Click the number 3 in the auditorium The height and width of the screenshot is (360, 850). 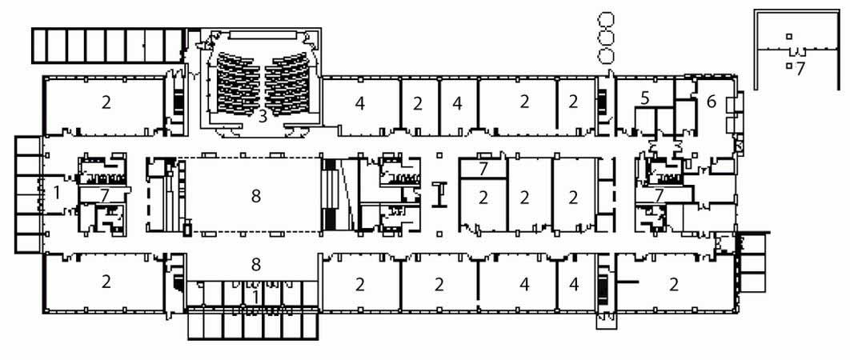pyautogui.click(x=263, y=116)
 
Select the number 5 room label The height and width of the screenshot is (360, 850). pyautogui.click(x=644, y=98)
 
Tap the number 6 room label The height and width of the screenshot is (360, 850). pyautogui.click(x=712, y=102)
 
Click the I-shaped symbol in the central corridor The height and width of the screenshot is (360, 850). pyautogui.click(x=442, y=194)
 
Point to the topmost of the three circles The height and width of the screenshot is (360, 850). pyautogui.click(x=605, y=21)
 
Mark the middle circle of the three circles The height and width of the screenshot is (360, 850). pyautogui.click(x=605, y=38)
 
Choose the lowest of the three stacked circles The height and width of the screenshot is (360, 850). pyautogui.click(x=605, y=55)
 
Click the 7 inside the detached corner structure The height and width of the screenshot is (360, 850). pyautogui.click(x=800, y=69)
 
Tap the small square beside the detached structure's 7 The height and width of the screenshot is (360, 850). pyautogui.click(x=789, y=66)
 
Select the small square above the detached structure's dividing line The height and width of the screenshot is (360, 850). pyautogui.click(x=789, y=36)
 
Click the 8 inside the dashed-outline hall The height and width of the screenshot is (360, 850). pyautogui.click(x=256, y=197)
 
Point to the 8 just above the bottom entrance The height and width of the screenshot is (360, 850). pyautogui.click(x=256, y=265)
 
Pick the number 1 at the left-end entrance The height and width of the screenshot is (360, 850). pyautogui.click(x=56, y=192)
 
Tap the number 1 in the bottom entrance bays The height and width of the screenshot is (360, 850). pyautogui.click(x=255, y=296)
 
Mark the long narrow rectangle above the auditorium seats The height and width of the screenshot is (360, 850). pyautogui.click(x=263, y=34)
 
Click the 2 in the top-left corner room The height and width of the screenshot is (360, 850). pyautogui.click(x=106, y=102)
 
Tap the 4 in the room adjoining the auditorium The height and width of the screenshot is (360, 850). pyautogui.click(x=360, y=103)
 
